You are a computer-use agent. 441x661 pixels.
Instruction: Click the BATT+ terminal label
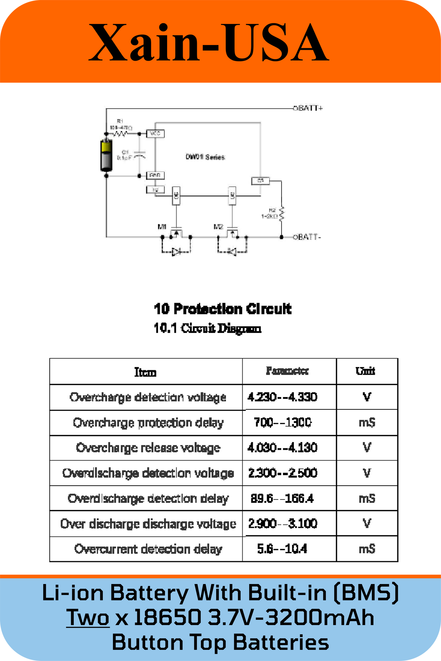pos(308,108)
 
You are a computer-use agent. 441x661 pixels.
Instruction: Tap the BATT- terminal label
pos(307,237)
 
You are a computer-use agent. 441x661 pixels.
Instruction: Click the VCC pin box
pos(155,134)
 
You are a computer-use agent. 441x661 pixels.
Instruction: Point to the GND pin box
pos(155,175)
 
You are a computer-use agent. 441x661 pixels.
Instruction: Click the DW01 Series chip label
pos(205,157)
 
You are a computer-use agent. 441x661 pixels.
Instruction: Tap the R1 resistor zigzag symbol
pos(120,134)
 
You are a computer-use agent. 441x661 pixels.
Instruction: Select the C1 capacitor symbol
pos(140,155)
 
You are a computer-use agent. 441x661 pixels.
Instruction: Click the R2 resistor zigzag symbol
pos(282,213)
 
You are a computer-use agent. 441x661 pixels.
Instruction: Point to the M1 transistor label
pos(162,227)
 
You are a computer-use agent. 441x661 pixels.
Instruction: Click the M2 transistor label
pos(218,227)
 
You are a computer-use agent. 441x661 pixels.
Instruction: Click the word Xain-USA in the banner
pos(209,43)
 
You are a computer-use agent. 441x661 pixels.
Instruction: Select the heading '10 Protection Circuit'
pos(222,309)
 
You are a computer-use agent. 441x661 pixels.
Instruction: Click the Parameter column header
pos(287,371)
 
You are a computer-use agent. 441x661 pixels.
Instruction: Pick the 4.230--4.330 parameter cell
pos(282,397)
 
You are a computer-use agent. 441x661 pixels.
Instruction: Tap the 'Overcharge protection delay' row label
pos(148,423)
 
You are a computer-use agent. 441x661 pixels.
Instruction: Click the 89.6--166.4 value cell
pos(282,498)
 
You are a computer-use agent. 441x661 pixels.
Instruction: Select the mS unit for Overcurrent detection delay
pos(367,549)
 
